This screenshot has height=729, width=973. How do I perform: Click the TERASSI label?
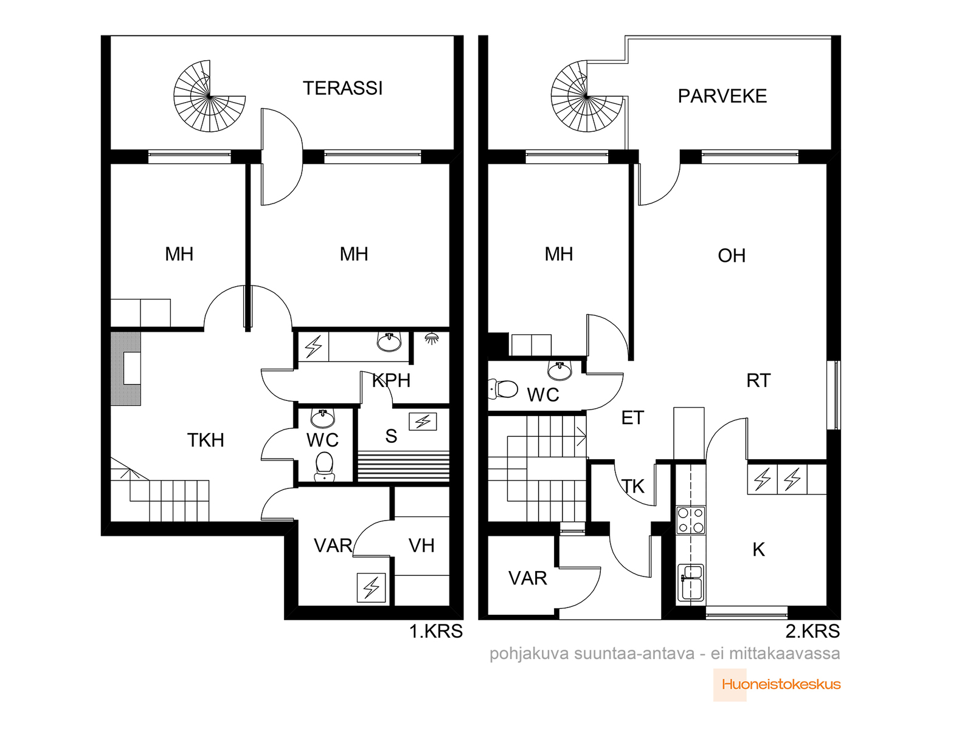[x=342, y=88]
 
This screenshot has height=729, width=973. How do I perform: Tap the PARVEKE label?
[x=722, y=96]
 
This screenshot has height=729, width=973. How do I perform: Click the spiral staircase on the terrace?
[x=209, y=96]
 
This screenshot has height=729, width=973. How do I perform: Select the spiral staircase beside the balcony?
[x=587, y=96]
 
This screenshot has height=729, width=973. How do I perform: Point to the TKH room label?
[x=205, y=440]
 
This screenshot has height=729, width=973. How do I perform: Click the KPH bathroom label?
[x=391, y=380]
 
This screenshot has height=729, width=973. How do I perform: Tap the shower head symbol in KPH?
[x=431, y=338]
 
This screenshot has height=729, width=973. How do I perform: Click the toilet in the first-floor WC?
[x=324, y=466]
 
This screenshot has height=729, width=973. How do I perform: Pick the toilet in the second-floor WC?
[x=503, y=389]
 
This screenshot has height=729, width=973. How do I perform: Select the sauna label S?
[x=391, y=436]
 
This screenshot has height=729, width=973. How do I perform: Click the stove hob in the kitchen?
[x=691, y=521]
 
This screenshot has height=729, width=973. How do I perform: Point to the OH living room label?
[x=732, y=255]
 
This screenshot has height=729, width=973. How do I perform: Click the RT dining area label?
[x=758, y=380]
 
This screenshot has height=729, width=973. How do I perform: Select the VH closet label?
[x=421, y=546]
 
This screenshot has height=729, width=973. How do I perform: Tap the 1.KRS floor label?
[x=436, y=631]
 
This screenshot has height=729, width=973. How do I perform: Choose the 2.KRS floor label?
[x=812, y=631]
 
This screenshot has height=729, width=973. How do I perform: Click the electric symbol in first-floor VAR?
[x=371, y=588]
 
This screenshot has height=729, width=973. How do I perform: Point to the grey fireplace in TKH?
[x=125, y=368]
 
